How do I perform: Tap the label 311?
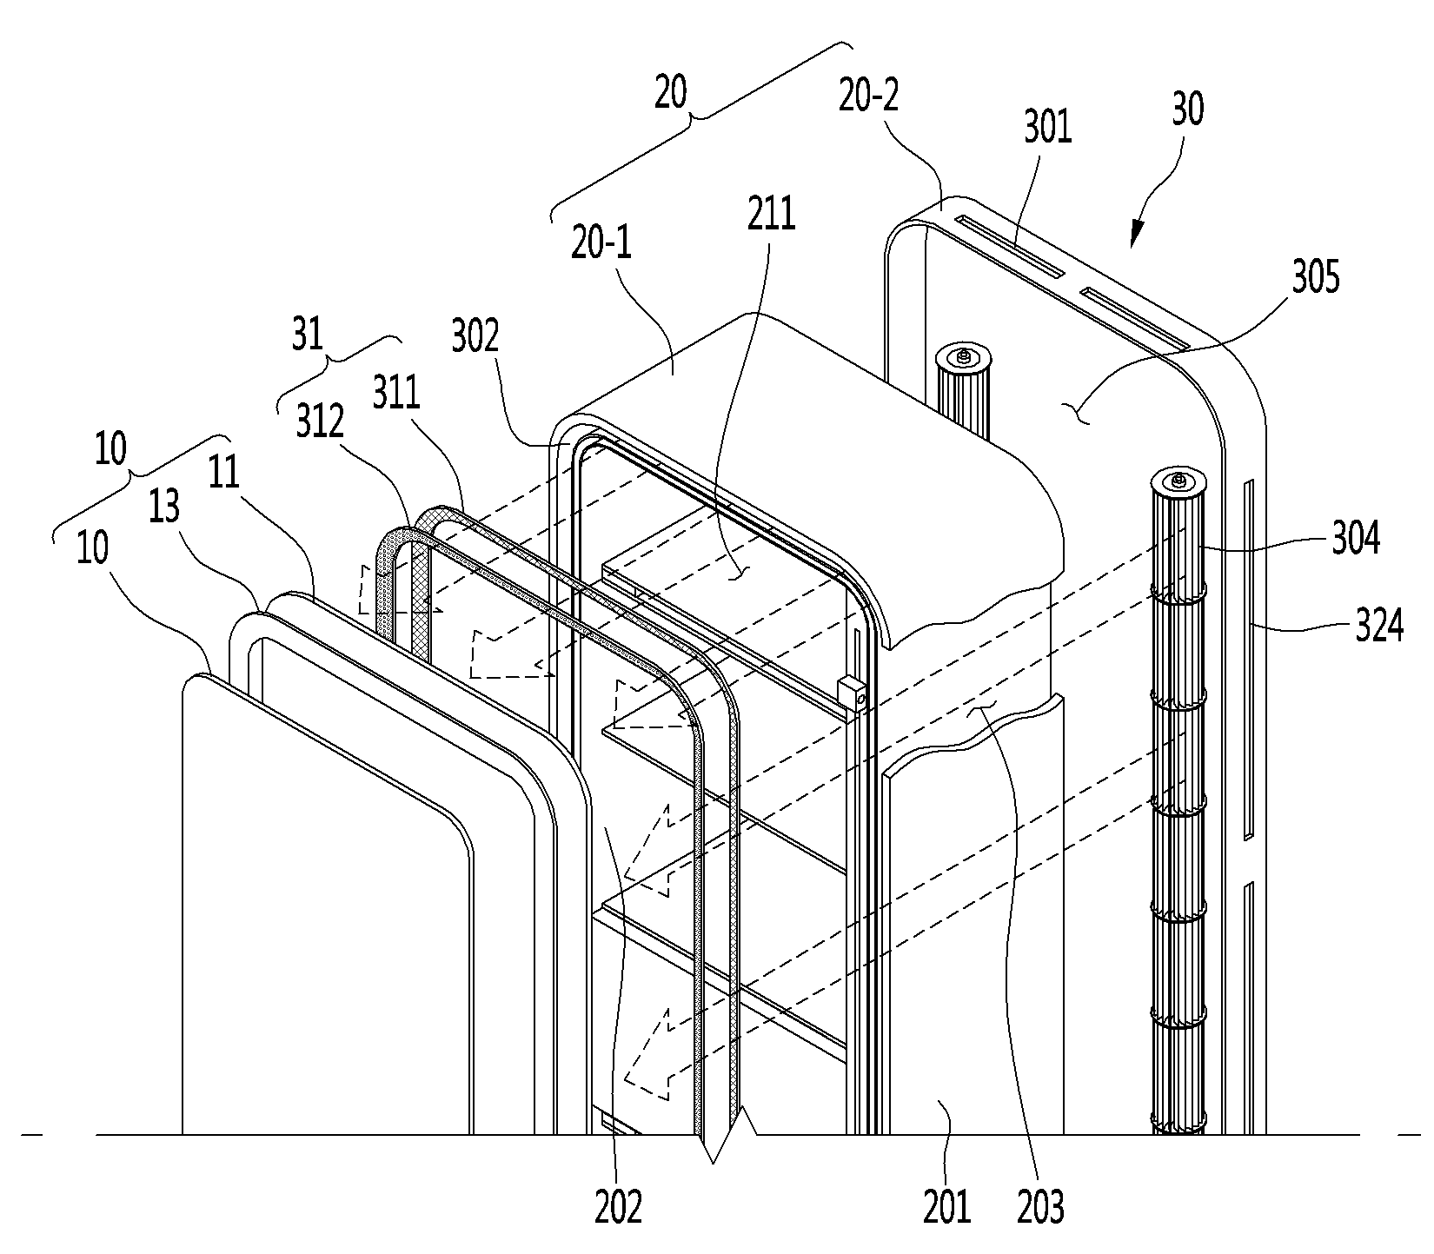[x=395, y=393]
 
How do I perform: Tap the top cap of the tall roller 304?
[x=1178, y=481]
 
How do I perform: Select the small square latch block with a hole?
[x=853, y=695]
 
